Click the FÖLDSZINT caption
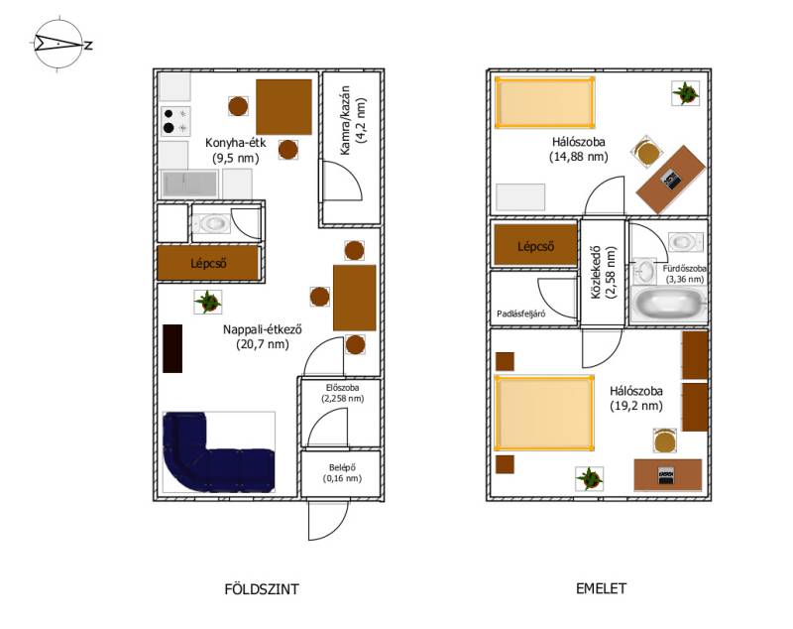(x=262, y=589)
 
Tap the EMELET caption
(x=601, y=588)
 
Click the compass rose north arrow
(x=58, y=44)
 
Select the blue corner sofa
(x=218, y=451)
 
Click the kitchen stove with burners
(x=175, y=121)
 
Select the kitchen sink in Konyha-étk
(x=189, y=184)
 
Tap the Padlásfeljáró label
(x=521, y=314)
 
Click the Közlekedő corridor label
(x=604, y=273)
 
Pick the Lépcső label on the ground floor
(x=208, y=263)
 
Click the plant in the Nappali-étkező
(x=208, y=302)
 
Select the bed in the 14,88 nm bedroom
(x=544, y=102)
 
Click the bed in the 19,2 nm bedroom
(x=544, y=413)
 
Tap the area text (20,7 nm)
(x=263, y=344)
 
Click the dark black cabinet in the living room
(x=172, y=348)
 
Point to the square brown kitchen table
(x=283, y=107)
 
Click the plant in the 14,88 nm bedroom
(x=685, y=93)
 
